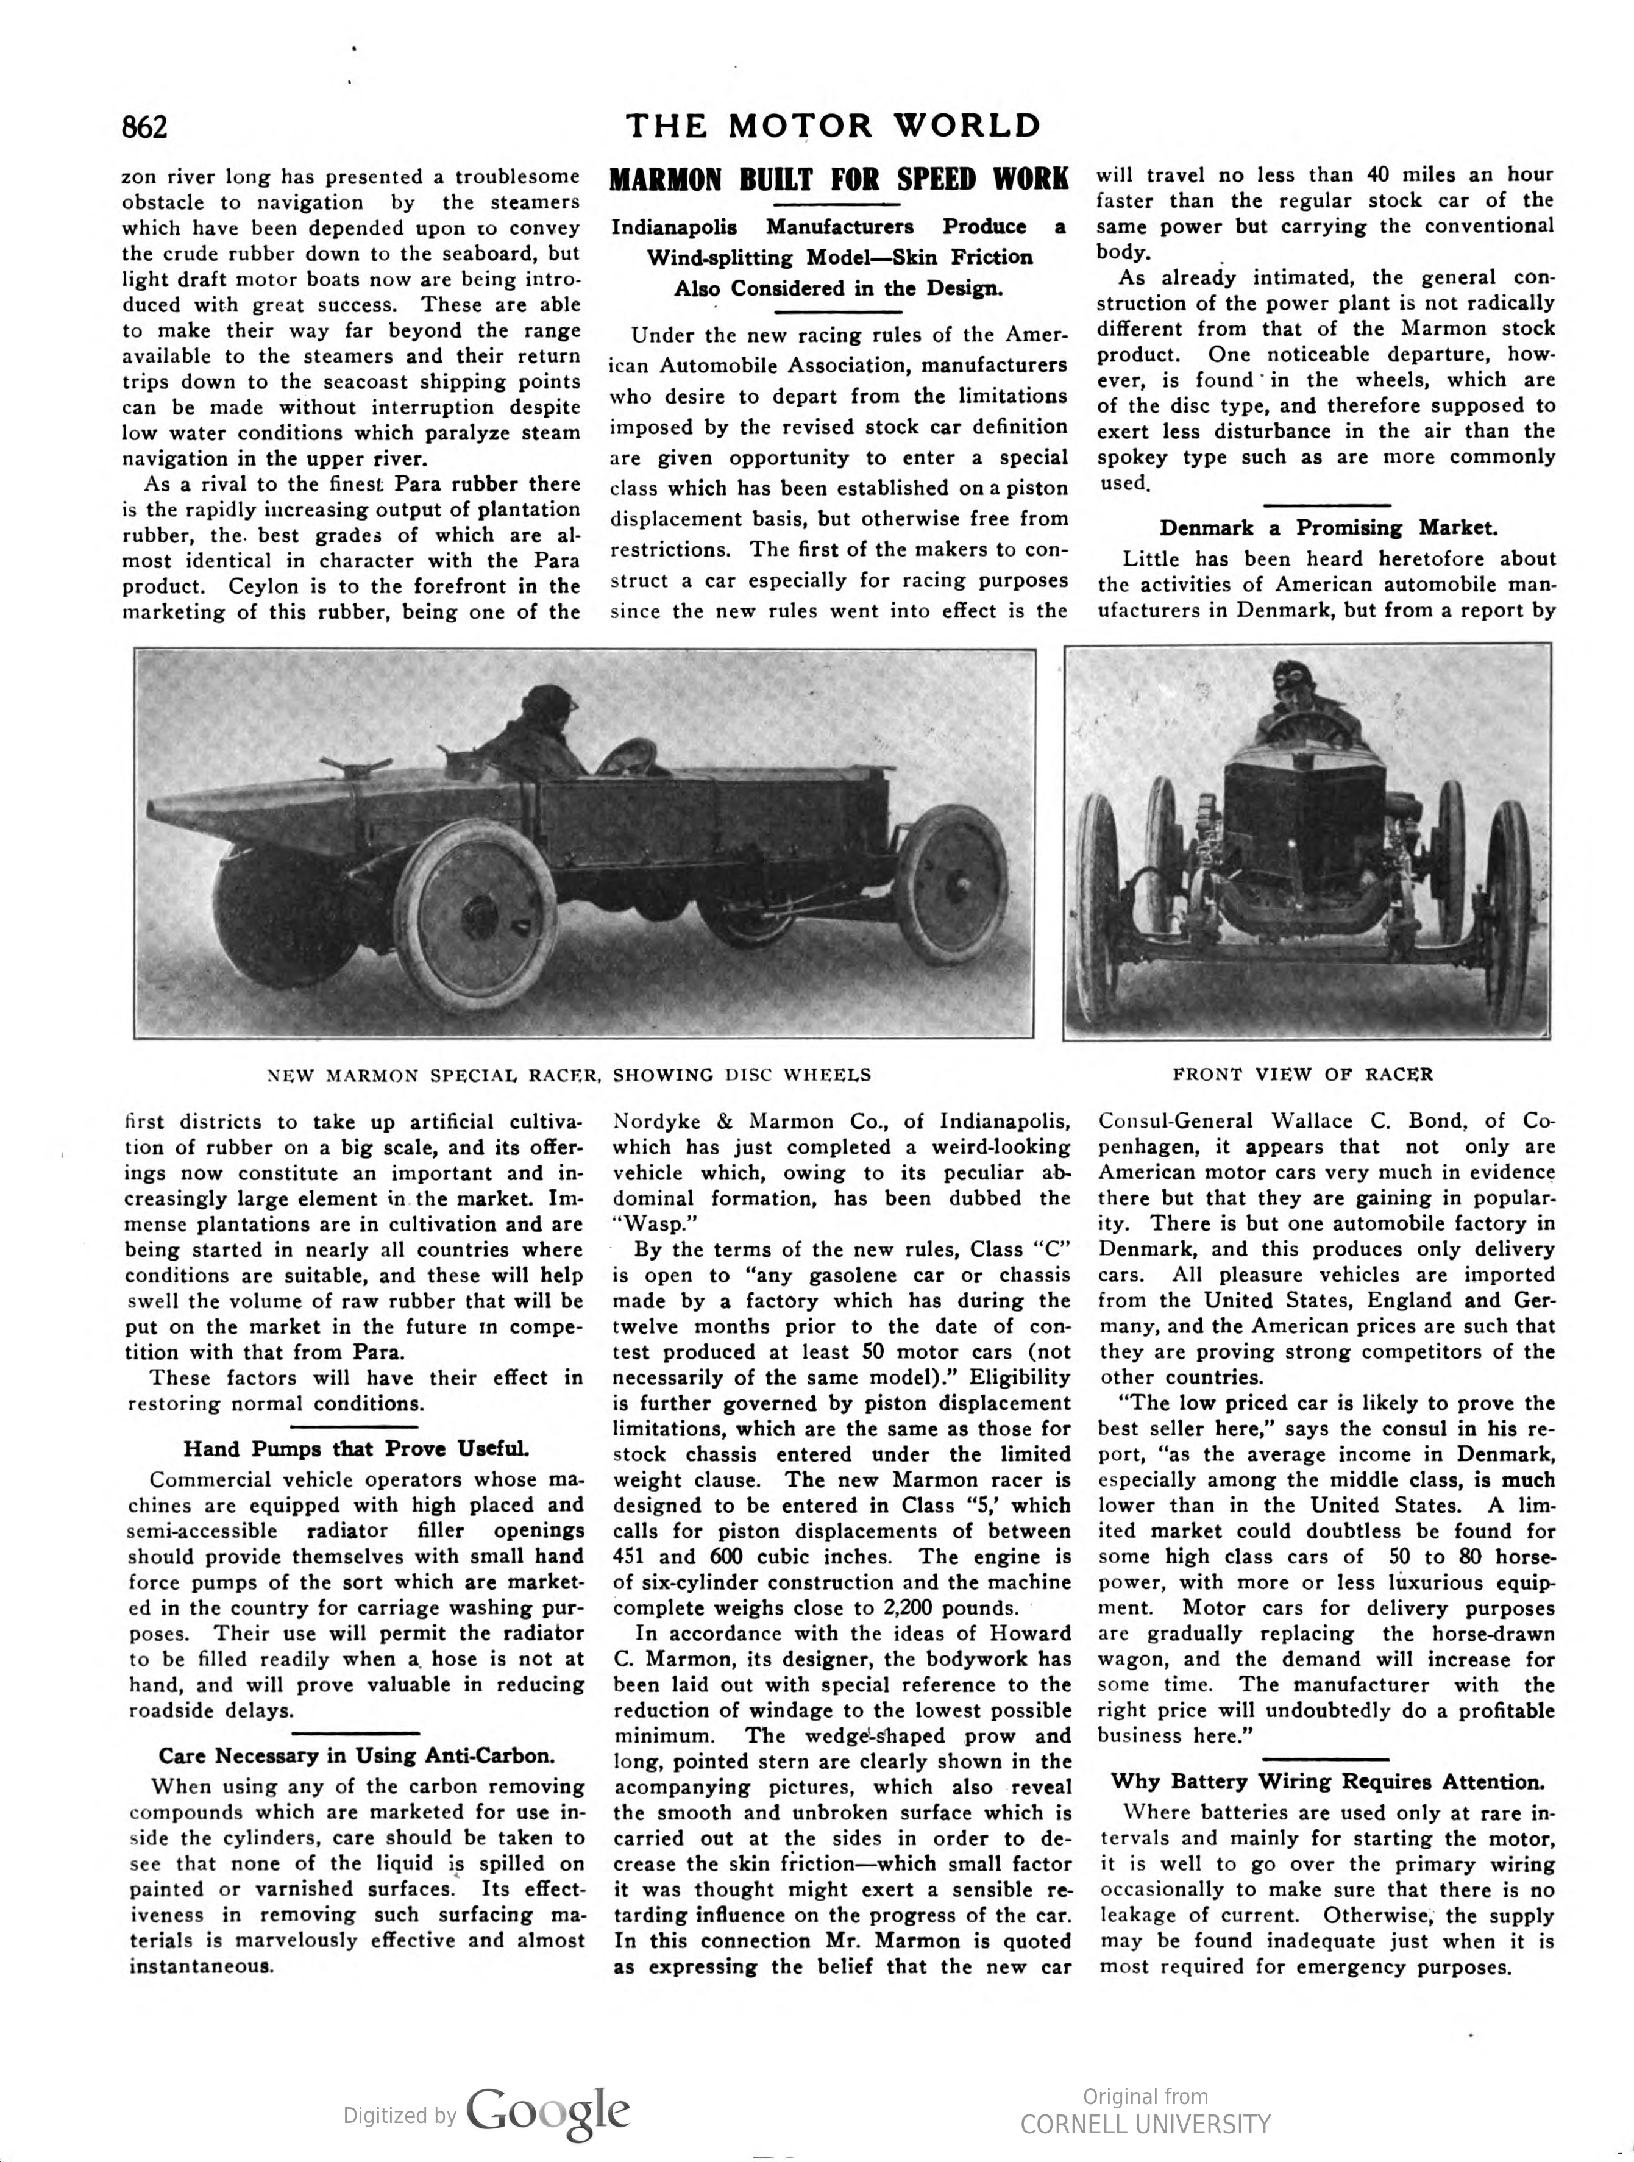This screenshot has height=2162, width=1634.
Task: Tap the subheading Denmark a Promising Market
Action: [1328, 529]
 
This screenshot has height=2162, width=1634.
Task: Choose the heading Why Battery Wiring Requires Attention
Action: [1328, 1782]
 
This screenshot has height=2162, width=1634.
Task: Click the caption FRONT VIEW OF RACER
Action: [1302, 1074]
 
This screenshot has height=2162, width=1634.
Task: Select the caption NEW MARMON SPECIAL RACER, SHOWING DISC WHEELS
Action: [569, 1075]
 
